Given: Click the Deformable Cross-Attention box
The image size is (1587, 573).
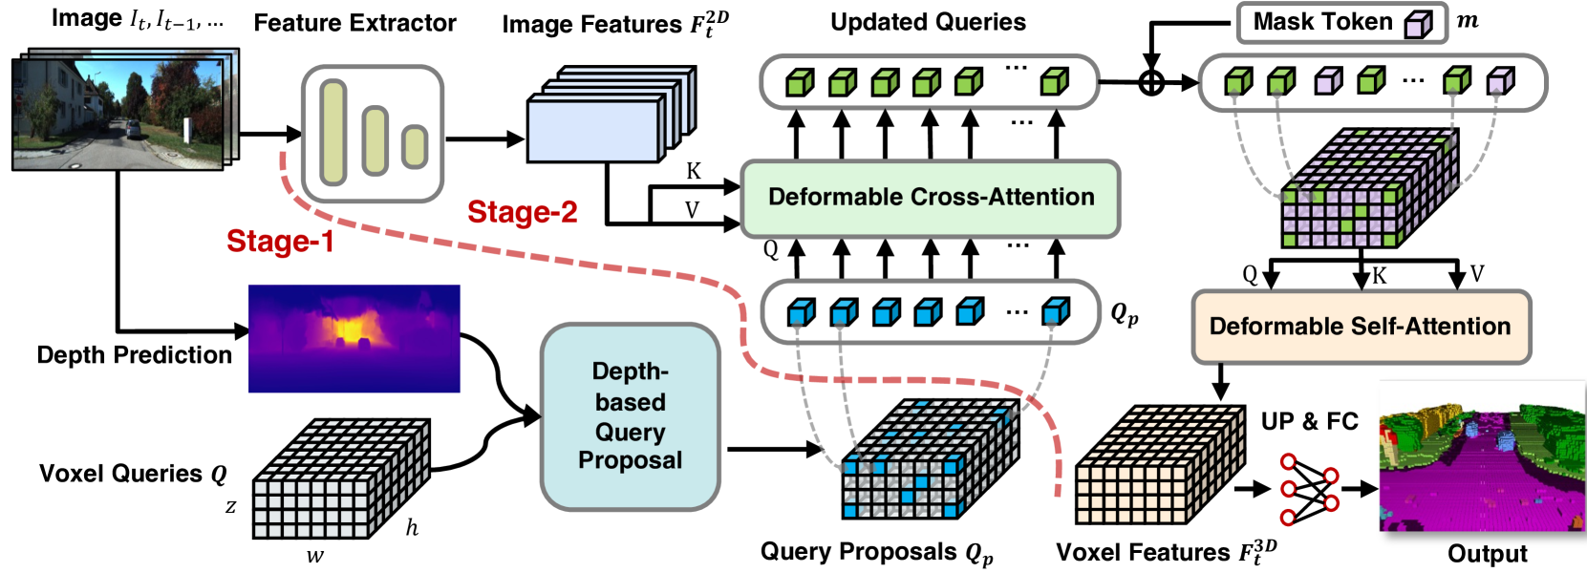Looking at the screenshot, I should tap(930, 198).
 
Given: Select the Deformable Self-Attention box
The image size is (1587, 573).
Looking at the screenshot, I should tap(1360, 327).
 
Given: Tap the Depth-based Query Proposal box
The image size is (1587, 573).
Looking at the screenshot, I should tap(630, 416).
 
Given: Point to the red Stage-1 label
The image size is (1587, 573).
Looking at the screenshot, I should tap(280, 242).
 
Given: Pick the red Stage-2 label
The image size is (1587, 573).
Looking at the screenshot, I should tap(522, 212).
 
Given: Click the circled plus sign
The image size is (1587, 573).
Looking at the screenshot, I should tap(1152, 82).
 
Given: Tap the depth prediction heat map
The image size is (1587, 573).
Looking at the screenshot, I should tap(354, 338).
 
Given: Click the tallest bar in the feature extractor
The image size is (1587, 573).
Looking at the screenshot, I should tap(333, 132).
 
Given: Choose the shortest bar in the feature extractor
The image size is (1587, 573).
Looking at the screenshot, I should tap(414, 146).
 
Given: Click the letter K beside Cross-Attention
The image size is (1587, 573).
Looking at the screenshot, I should tap(694, 171).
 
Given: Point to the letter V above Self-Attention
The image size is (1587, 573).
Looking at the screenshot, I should tap(1477, 275).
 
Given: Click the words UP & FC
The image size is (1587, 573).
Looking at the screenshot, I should tap(1309, 421).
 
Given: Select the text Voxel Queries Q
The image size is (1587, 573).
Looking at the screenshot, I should tap(133, 474).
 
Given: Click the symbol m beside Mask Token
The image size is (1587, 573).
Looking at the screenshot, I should tap(1468, 21).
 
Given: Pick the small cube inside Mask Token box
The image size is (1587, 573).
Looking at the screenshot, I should tap(1419, 24).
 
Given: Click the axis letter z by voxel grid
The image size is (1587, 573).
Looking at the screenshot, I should tap(230, 506).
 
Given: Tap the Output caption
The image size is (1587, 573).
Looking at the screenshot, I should tap(1487, 554).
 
